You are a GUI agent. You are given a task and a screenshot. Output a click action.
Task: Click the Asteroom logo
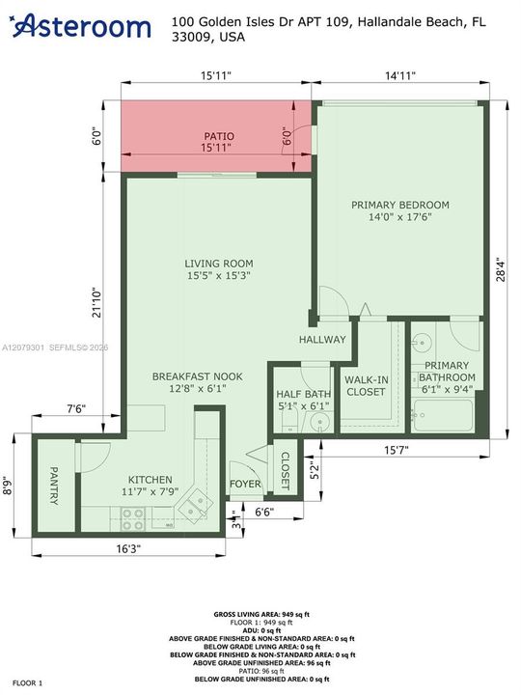click(81, 26)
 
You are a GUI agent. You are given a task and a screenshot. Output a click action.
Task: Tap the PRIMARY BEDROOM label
click(400, 205)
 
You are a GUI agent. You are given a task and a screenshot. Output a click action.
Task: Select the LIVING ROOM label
click(219, 264)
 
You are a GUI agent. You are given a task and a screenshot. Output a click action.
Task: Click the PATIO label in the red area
click(219, 136)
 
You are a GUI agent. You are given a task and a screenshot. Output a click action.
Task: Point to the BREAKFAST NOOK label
click(197, 376)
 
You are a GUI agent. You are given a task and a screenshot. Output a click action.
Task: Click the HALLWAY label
click(322, 340)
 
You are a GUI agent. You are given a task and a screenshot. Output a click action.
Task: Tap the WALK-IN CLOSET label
click(366, 385)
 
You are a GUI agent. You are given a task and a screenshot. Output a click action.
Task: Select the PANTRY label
click(54, 486)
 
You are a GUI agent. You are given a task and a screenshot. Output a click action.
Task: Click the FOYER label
click(245, 484)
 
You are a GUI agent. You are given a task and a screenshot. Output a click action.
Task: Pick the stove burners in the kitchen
click(133, 519)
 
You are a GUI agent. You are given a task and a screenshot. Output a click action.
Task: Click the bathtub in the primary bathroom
click(442, 415)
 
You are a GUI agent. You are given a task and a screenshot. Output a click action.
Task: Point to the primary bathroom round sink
click(422, 343)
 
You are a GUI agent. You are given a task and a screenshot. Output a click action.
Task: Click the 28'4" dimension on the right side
click(501, 269)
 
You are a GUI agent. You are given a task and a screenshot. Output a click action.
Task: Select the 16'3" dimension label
click(128, 548)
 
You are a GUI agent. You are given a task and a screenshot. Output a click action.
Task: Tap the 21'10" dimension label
click(96, 304)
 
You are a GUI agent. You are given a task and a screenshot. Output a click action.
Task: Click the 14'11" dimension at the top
click(400, 75)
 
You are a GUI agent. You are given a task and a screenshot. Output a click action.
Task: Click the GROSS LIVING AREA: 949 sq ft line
click(261, 614)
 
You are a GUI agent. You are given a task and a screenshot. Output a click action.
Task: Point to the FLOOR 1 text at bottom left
click(27, 683)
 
